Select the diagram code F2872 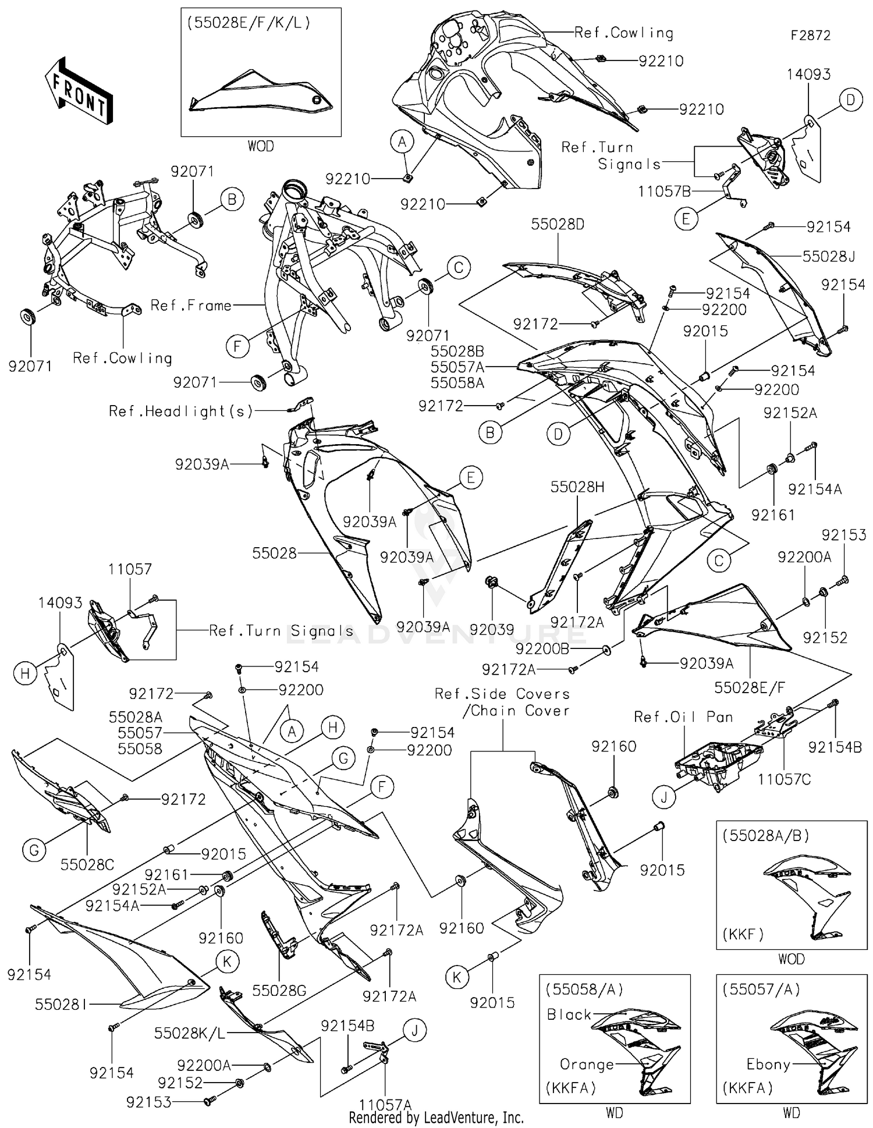pos(810,36)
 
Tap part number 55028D pos(557,225)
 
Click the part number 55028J pos(828,257)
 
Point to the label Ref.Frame pos(191,305)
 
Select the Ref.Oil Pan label pos(683,717)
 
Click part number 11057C pos(784,779)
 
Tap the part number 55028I pos(61,1004)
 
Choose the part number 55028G pos(279,990)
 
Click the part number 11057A pos(385,1104)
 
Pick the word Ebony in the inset pos(768,1065)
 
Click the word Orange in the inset pos(587,1065)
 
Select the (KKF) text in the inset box pos(743,934)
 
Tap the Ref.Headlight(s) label pos(181,412)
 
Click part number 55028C pos(87,864)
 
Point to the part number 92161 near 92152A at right pos(772,515)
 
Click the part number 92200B pos(542,649)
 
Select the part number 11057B pos(664,191)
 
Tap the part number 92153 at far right pos(844,534)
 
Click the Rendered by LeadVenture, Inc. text pos(436,1118)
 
